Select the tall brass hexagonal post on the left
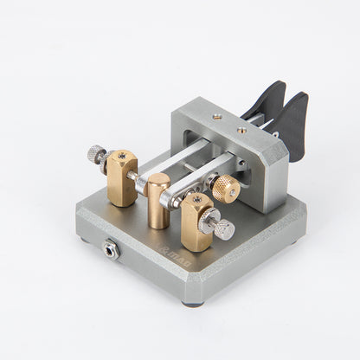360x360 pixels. tap(122, 179)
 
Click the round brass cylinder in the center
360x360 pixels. tap(158, 201)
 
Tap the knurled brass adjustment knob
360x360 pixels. tap(225, 188)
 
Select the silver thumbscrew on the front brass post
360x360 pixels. tap(223, 228)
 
